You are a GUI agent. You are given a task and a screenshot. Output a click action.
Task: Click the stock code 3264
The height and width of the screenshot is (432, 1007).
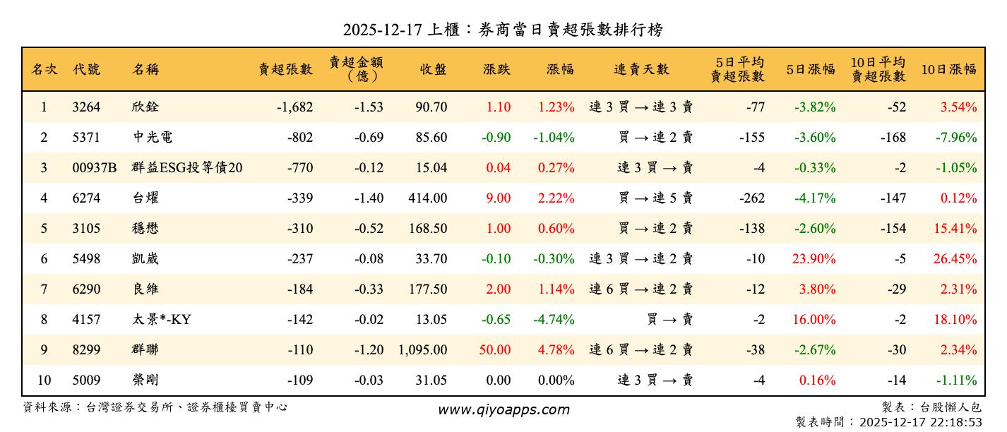[x=86, y=107]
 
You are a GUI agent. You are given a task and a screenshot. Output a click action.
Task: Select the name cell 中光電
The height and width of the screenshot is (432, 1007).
[x=148, y=138]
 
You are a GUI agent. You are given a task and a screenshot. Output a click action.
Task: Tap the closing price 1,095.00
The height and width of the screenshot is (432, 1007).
[x=422, y=350]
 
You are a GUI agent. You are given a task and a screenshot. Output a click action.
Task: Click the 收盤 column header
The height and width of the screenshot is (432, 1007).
[x=433, y=69]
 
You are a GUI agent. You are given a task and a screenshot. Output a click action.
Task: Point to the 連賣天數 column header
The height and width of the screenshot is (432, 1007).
[x=640, y=69]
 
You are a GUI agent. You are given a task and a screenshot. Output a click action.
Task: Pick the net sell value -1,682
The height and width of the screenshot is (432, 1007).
[x=294, y=107]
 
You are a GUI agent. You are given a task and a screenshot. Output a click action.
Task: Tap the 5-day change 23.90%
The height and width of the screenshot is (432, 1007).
[x=814, y=259]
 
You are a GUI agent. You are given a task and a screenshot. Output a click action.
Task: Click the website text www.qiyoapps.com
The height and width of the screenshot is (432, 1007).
[x=503, y=410]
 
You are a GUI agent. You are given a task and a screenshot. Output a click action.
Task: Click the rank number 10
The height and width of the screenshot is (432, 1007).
[x=44, y=380]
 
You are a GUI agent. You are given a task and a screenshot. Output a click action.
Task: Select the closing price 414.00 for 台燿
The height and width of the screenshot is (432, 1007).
[x=427, y=198]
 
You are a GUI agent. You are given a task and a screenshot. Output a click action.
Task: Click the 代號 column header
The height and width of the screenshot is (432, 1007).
[x=86, y=69]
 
